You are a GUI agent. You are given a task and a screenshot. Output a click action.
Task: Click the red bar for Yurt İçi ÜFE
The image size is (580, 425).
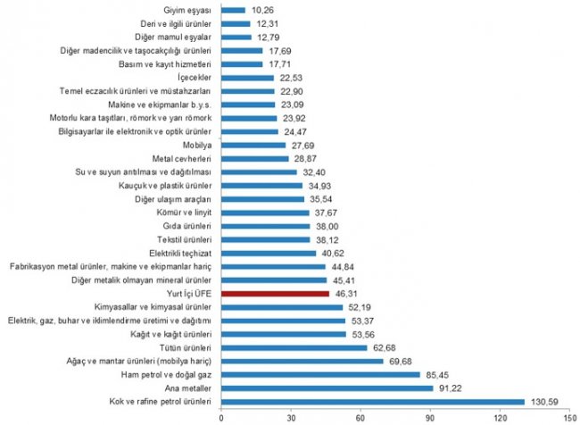point(275,293)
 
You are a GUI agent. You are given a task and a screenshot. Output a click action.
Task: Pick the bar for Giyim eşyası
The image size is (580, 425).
point(233,11)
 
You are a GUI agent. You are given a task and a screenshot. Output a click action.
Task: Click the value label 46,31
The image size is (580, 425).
point(345,293)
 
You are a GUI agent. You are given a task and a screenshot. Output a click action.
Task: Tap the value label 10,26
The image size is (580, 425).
point(261,11)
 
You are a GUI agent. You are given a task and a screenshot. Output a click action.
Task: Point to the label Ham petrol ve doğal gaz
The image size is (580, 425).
point(160,374)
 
